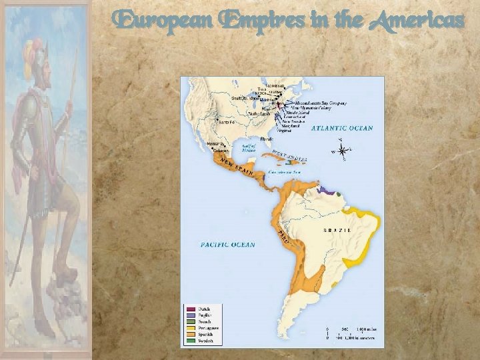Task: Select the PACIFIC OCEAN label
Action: (x=227, y=245)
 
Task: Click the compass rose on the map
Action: (x=342, y=149)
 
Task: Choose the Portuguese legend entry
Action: (x=208, y=327)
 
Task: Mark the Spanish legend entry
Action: (x=205, y=333)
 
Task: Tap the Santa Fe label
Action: (x=226, y=122)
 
